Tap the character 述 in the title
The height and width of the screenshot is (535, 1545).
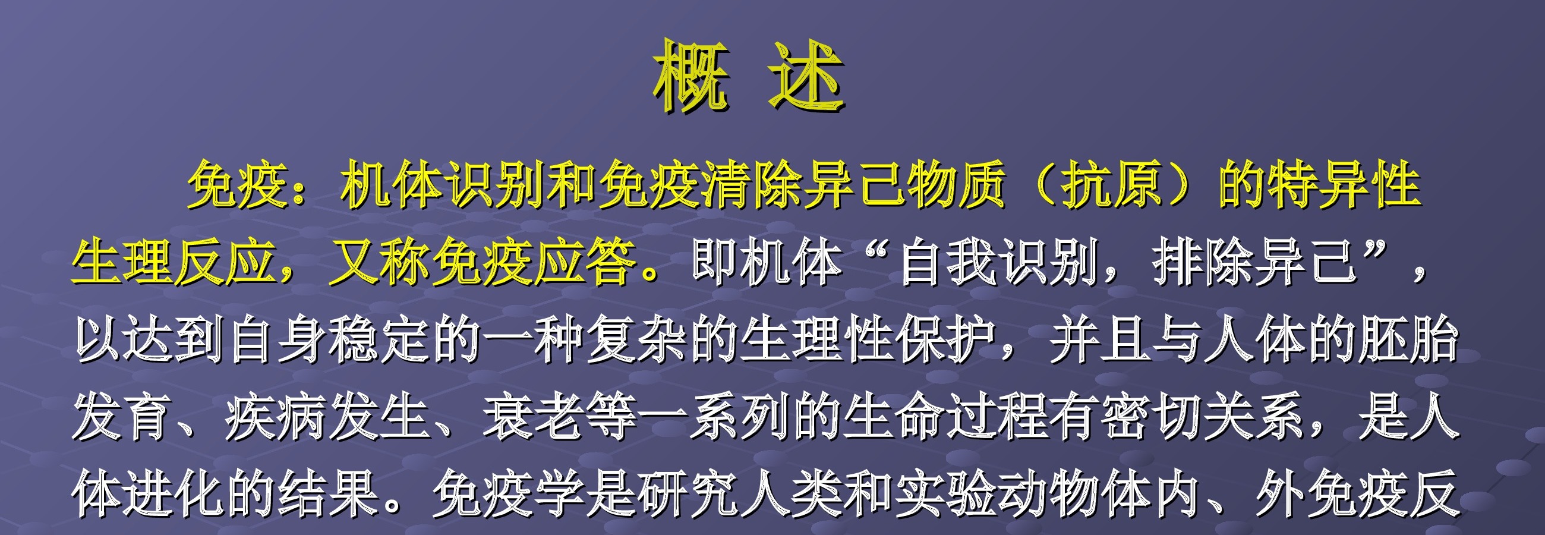806,76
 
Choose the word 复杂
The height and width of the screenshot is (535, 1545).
637,340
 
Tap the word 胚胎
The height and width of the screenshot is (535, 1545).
1409,340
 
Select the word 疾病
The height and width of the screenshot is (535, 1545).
277,417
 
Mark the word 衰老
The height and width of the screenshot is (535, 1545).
534,417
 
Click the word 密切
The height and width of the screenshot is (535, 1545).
1152,417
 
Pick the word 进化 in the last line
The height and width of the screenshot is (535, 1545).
174,494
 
